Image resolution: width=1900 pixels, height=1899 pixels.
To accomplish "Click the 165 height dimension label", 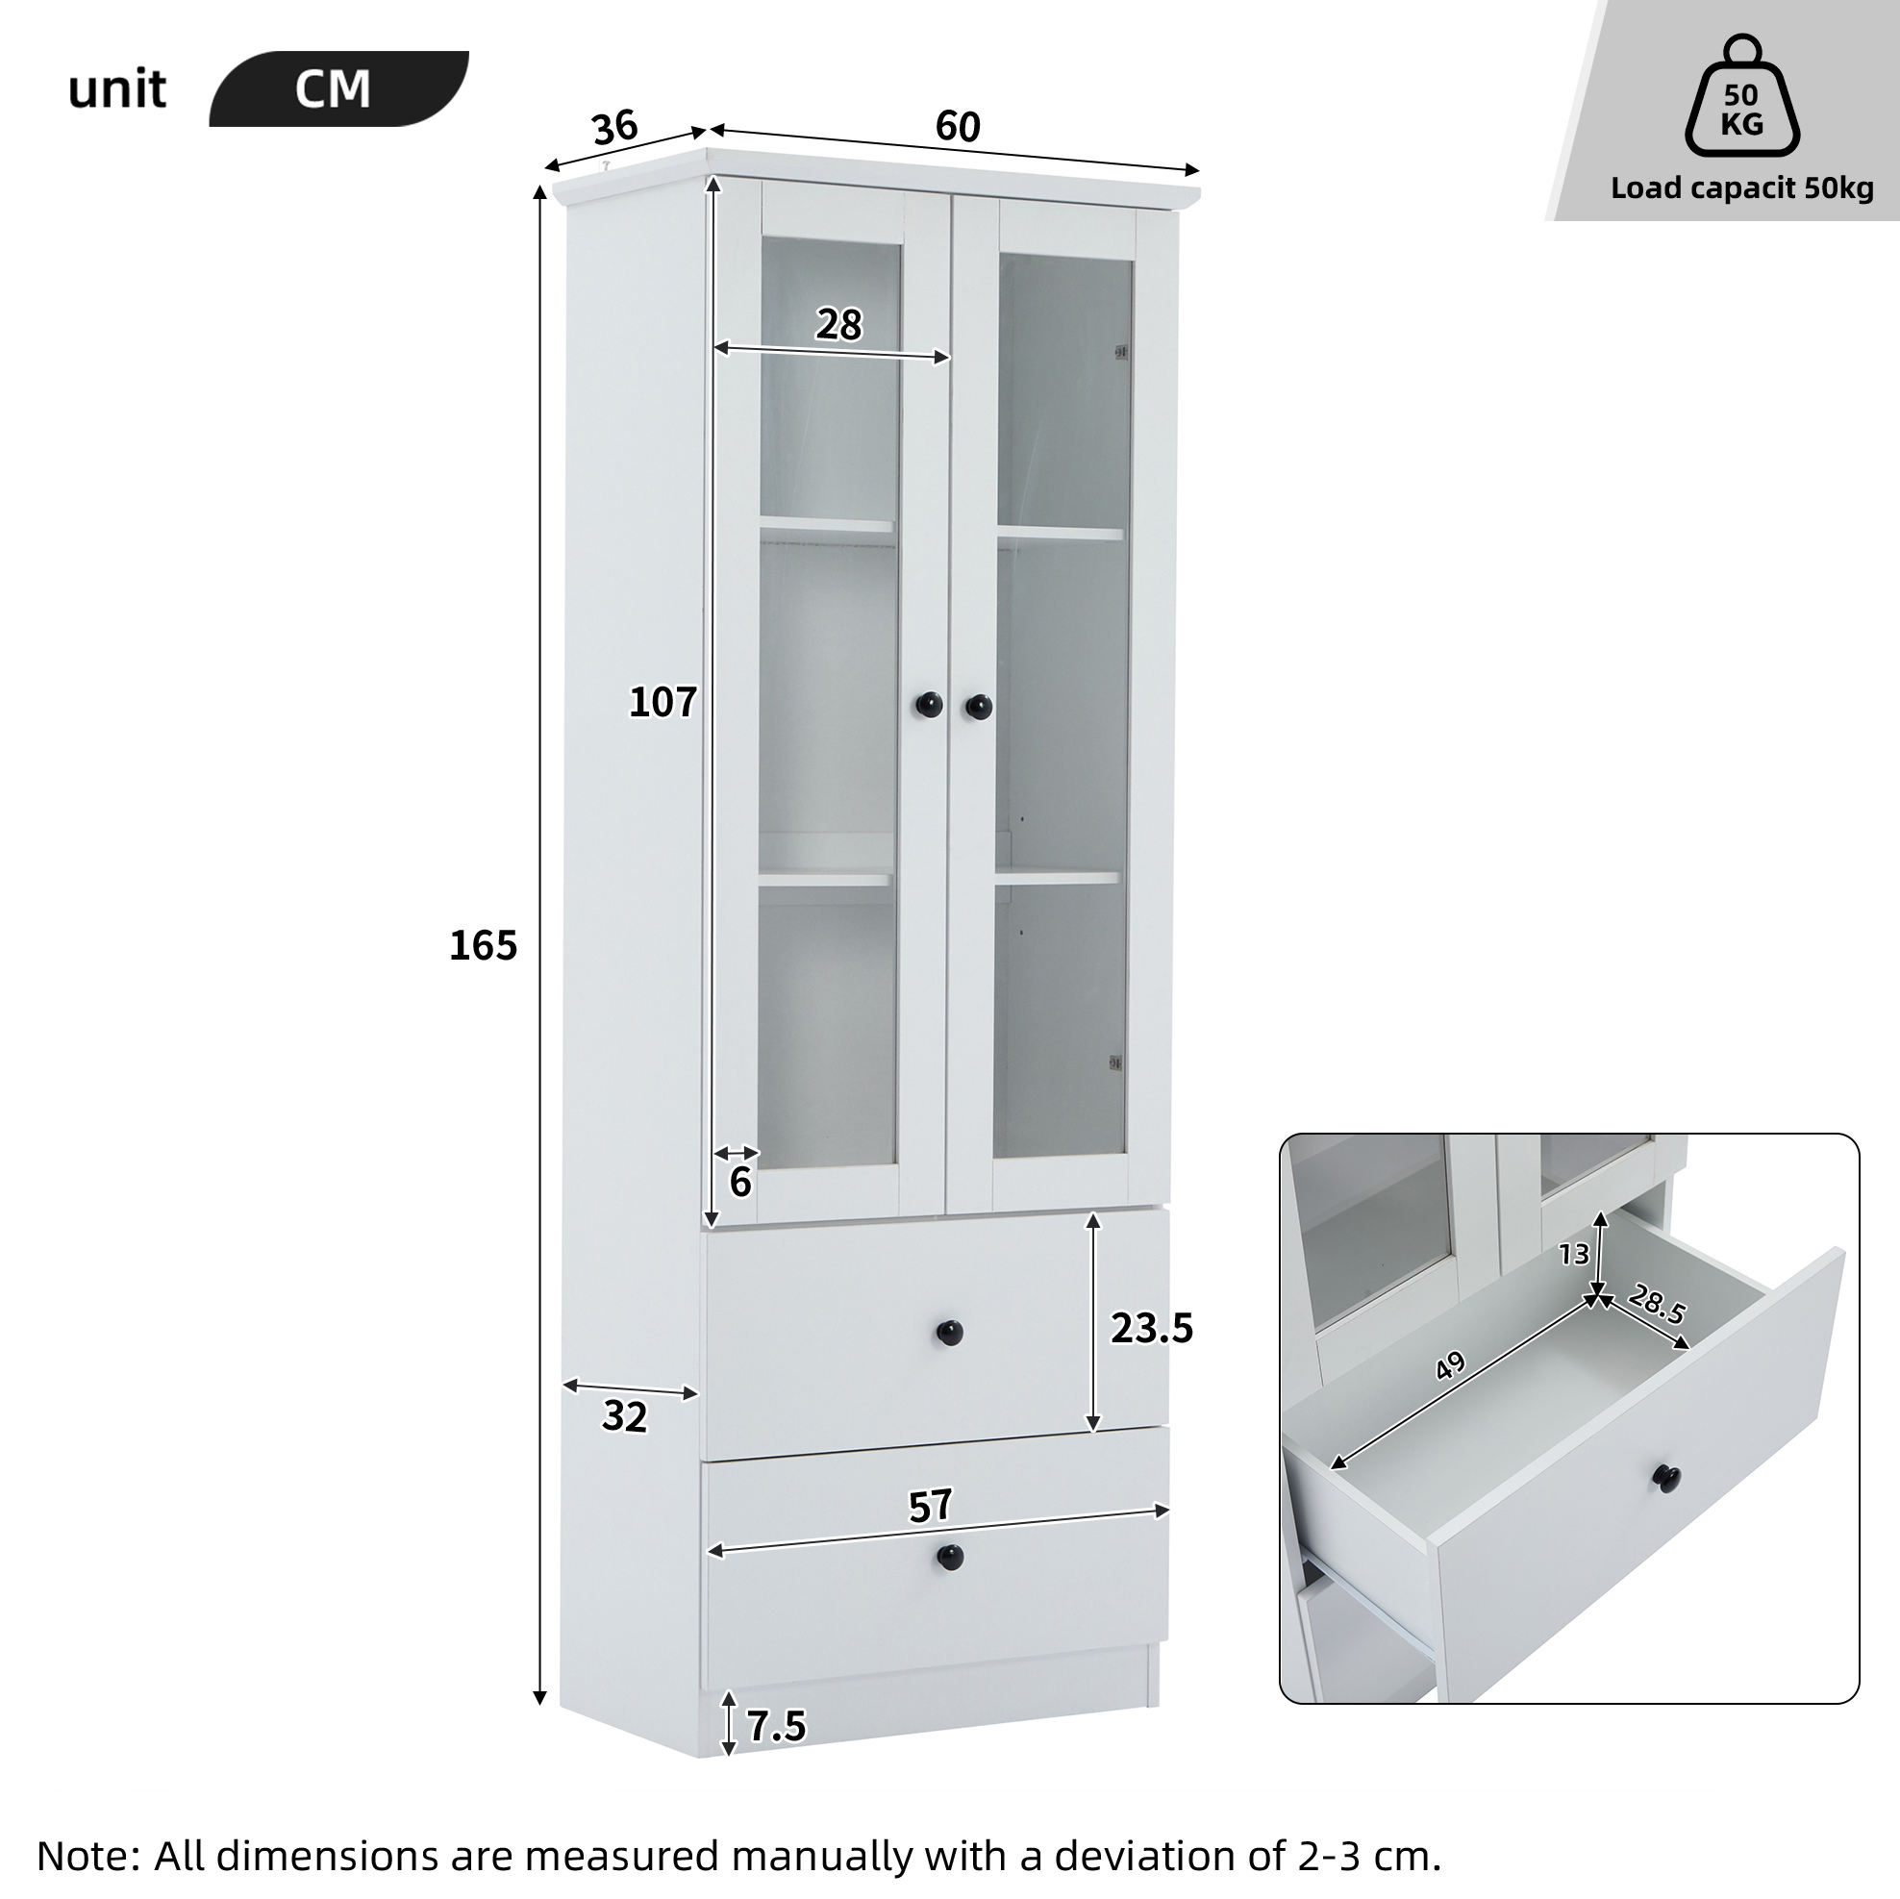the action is [x=483, y=945].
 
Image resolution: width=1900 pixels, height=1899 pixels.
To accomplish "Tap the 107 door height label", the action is [x=662, y=702].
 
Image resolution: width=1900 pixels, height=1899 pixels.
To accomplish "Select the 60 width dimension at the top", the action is [x=958, y=127].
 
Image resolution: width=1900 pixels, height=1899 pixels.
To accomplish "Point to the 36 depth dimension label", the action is [x=615, y=128].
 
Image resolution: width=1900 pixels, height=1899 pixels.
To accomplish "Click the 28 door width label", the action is [x=838, y=325].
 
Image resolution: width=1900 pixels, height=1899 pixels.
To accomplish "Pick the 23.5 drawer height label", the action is [x=1152, y=1329].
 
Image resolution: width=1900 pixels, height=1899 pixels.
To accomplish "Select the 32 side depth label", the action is [x=624, y=1416].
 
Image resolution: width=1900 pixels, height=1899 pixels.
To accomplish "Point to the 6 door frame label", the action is [x=740, y=1181].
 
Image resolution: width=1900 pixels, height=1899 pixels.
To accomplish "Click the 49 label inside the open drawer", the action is [x=1451, y=1366].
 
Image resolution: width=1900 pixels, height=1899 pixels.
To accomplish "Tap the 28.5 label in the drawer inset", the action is [x=1658, y=1305].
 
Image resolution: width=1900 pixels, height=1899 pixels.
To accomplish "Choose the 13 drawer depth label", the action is [x=1573, y=1254].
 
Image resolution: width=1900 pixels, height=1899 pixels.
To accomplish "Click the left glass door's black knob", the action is [x=930, y=704].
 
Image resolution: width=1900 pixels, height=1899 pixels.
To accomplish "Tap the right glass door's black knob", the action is [x=978, y=706].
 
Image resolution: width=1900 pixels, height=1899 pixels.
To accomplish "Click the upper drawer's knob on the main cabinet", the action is [x=949, y=1333].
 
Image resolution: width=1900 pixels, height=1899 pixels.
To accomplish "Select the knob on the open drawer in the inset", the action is [x=1671, y=1477].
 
